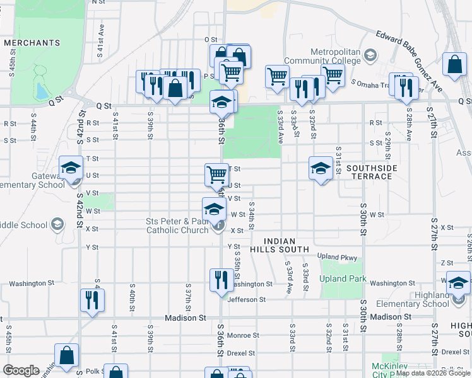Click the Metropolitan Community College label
click(x=335, y=56)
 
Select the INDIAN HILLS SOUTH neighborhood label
click(x=286, y=245)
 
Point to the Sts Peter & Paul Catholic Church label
click(x=177, y=226)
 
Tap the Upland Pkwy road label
click(x=337, y=258)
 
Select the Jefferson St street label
click(x=247, y=300)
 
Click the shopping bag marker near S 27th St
click(x=454, y=66)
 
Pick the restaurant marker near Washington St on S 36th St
click(x=220, y=280)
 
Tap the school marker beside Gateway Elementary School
click(x=71, y=168)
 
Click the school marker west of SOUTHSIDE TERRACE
click(x=321, y=168)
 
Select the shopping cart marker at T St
click(x=216, y=173)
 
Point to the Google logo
click(x=21, y=370)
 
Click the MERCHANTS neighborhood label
click(x=32, y=43)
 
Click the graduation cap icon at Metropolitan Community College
click(x=369, y=57)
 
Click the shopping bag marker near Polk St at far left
click(x=66, y=356)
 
